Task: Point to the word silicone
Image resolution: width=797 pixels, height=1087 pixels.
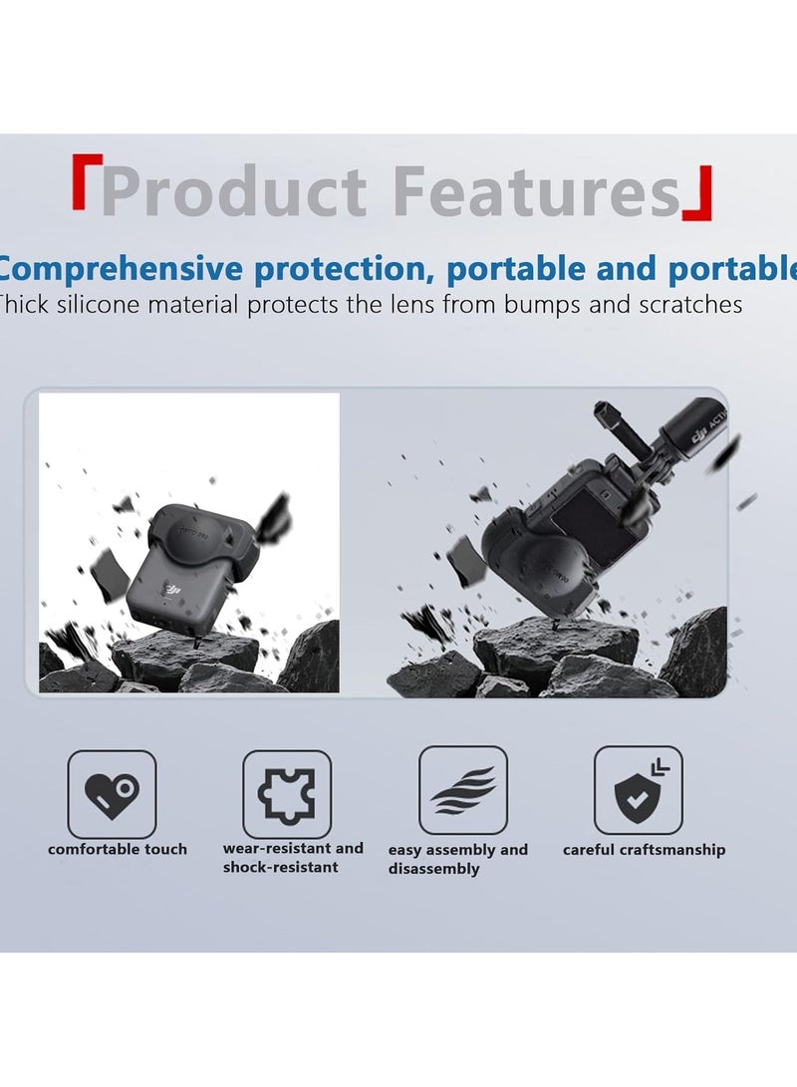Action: point(105,304)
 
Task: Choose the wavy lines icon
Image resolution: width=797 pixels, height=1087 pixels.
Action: point(462,790)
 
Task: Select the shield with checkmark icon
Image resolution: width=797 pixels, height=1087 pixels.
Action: point(638,790)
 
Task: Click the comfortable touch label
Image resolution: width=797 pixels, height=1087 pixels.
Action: point(118,850)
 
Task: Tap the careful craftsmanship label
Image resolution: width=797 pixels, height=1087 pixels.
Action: point(644,850)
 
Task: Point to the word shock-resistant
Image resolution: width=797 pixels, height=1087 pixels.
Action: point(280,868)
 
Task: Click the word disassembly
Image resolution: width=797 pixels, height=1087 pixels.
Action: point(434,869)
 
